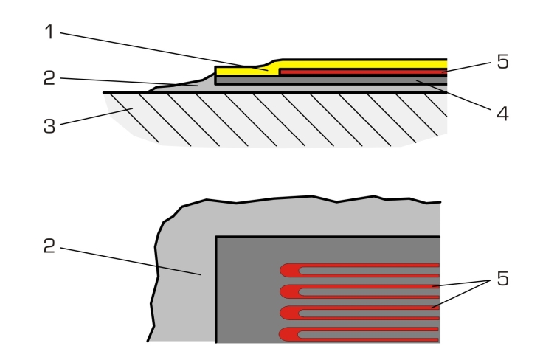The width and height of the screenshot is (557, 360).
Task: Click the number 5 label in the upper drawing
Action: [502, 62]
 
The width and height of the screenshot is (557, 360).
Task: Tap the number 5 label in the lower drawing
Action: [502, 279]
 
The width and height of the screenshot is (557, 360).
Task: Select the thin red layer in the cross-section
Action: [361, 72]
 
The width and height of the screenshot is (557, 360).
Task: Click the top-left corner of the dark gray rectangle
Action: [216, 237]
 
